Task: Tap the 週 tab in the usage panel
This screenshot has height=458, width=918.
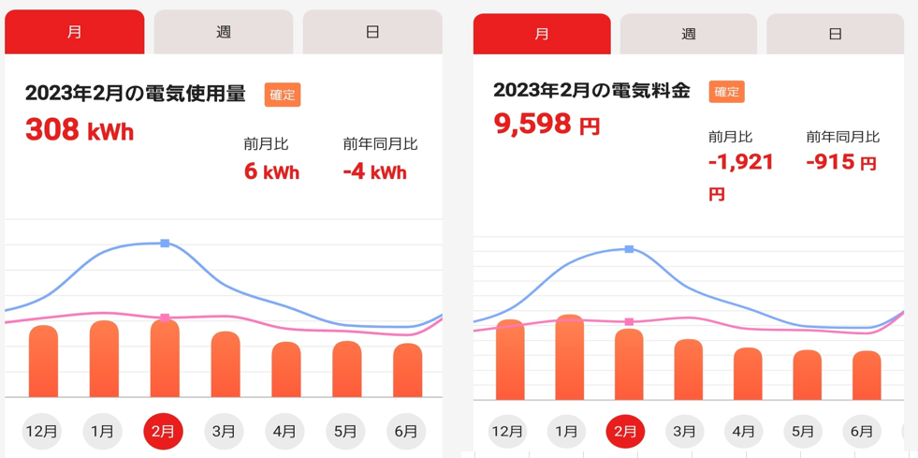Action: click(x=223, y=32)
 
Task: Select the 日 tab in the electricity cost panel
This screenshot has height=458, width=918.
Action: click(x=835, y=35)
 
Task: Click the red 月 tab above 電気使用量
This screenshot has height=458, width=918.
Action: click(x=75, y=32)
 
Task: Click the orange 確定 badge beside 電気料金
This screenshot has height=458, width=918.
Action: click(x=726, y=92)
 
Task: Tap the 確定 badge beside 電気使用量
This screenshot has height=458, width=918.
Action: click(x=283, y=95)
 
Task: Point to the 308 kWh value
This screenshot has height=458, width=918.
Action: click(x=80, y=129)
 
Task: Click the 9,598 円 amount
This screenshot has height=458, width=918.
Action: click(x=546, y=124)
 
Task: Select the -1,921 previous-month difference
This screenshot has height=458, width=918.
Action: click(x=740, y=163)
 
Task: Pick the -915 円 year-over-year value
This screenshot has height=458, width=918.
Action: click(x=840, y=162)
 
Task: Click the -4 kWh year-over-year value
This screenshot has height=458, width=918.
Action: click(x=374, y=172)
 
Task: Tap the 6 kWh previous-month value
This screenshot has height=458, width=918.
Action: click(x=271, y=172)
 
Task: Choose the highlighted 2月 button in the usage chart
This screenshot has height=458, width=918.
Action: click(x=163, y=432)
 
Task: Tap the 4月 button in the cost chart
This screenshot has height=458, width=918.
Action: click(x=744, y=432)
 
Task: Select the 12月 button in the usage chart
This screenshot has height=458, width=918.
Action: click(x=42, y=432)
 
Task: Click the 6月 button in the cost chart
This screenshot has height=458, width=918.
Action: click(x=862, y=432)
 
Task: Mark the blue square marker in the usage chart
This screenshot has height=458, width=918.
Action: click(x=165, y=244)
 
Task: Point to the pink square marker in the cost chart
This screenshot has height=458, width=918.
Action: click(x=629, y=322)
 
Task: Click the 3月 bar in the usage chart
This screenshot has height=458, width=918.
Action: click(x=226, y=364)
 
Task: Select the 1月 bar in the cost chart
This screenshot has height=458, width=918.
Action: click(x=569, y=358)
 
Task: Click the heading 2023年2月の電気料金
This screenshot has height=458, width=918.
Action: click(x=591, y=91)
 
